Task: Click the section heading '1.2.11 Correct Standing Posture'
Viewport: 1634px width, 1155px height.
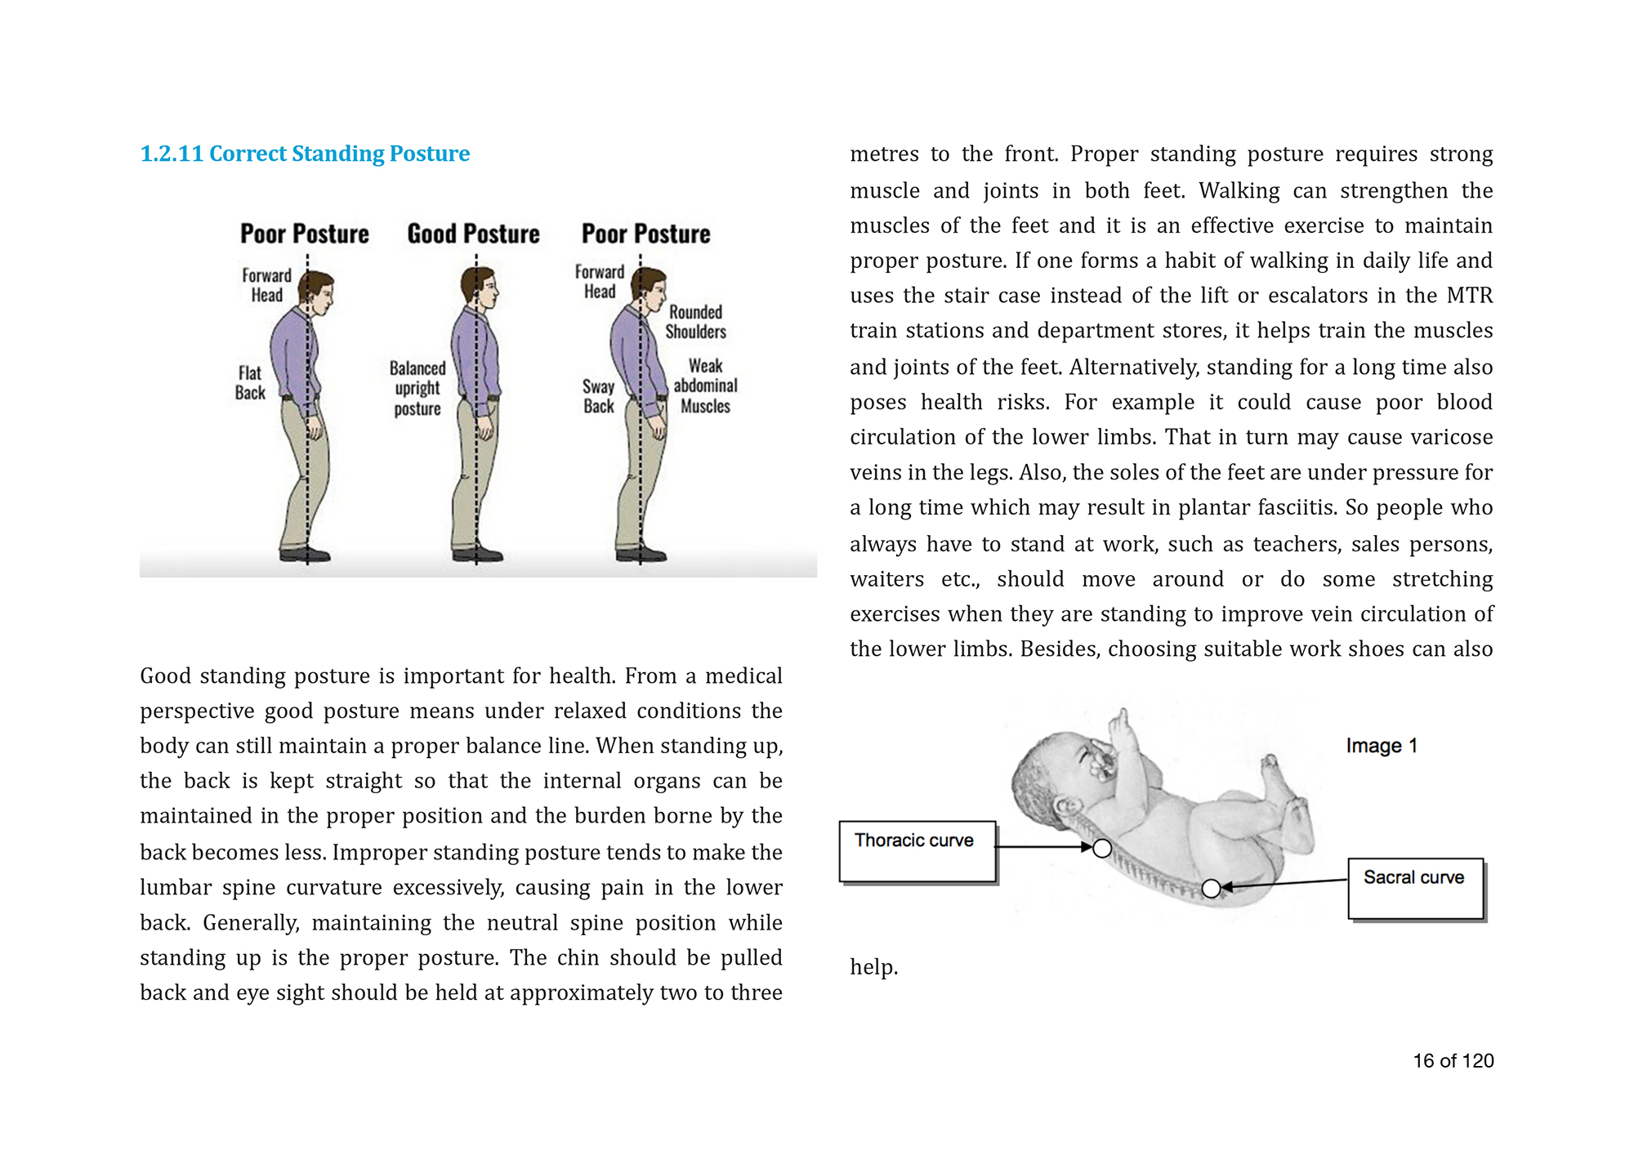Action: (x=305, y=154)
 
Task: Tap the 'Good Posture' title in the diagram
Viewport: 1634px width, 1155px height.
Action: (x=473, y=234)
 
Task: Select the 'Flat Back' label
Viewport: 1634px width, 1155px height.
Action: (x=250, y=383)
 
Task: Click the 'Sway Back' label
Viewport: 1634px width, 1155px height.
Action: (x=598, y=396)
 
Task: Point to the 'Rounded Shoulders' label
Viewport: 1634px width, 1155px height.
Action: (x=695, y=322)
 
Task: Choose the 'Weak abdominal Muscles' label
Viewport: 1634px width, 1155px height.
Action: (x=705, y=386)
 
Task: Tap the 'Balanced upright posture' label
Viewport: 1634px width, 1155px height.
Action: (x=417, y=389)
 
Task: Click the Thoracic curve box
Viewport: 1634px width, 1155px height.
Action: (x=917, y=851)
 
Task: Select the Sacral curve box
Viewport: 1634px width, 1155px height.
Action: (x=1415, y=888)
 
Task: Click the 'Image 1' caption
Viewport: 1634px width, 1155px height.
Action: (x=1381, y=746)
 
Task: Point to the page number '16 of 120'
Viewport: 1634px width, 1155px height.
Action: (x=1453, y=1061)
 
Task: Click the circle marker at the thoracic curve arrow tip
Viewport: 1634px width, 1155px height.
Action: (x=1102, y=849)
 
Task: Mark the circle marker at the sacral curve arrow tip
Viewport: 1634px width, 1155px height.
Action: (x=1212, y=888)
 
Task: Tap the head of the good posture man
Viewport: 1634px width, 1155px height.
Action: (x=481, y=288)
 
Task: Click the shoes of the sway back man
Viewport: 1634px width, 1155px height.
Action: (x=641, y=555)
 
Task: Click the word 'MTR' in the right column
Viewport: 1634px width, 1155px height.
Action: (x=1469, y=295)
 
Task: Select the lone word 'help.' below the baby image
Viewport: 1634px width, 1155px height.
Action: (x=873, y=967)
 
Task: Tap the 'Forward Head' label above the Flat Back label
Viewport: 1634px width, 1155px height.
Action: (x=266, y=285)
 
